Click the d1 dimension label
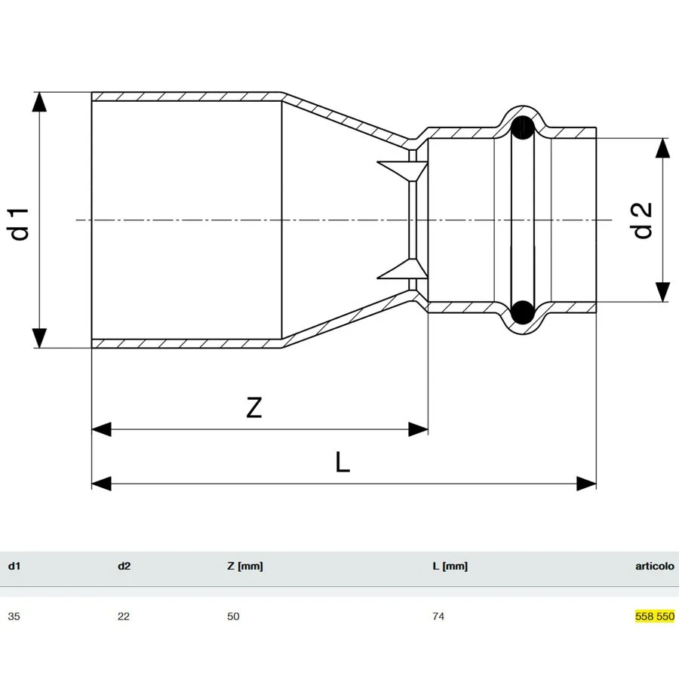tap(20, 224)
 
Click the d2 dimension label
tap(642, 220)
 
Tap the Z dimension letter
tap(254, 407)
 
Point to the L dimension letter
tap(342, 462)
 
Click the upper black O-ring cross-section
tap(523, 128)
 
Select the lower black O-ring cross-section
tap(523, 312)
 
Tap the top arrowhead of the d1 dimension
tap(39, 102)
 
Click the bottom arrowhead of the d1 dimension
tap(39, 338)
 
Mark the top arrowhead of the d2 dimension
tap(662, 148)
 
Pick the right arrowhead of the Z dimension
tap(418, 429)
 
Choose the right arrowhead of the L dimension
tap(586, 484)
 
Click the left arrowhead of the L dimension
tap(102, 484)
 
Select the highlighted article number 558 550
tap(655, 616)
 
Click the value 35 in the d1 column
tap(14, 616)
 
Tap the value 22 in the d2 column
tap(124, 616)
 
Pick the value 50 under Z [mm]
tap(233, 616)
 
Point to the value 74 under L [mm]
tap(438, 616)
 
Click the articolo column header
tap(655, 566)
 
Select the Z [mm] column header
tap(245, 567)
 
